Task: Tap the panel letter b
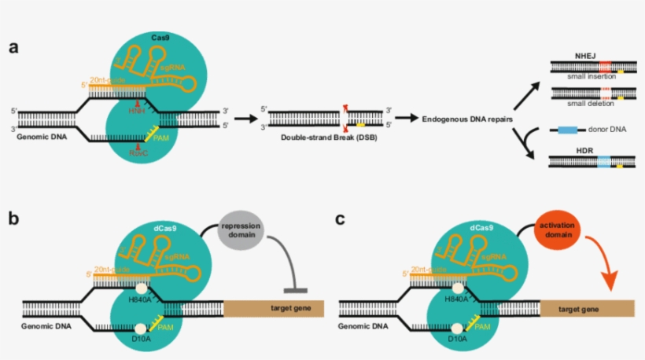(x=13, y=217)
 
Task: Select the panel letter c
(x=341, y=218)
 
